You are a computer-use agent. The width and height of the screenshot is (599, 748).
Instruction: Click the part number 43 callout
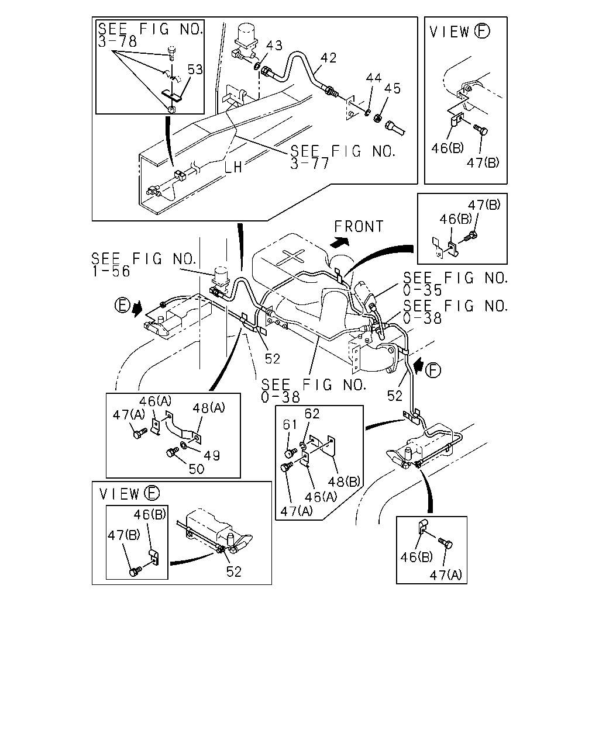274,46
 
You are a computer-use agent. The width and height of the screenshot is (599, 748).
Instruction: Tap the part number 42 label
328,58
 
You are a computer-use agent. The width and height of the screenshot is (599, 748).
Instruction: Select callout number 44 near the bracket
373,78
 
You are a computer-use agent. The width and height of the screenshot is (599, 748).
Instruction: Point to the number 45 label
393,89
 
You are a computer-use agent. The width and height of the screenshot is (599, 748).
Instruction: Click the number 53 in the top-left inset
195,70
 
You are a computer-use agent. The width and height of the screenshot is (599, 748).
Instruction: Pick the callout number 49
212,455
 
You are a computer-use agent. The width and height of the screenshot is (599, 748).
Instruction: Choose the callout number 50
197,469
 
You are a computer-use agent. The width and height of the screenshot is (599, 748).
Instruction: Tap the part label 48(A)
209,408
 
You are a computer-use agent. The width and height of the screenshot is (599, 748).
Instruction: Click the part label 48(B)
344,482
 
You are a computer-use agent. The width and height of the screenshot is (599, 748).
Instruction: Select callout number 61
290,424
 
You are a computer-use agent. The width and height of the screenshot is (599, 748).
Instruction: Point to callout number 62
312,414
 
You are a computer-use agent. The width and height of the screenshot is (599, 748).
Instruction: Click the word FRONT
359,227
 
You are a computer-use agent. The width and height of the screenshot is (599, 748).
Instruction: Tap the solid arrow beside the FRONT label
339,243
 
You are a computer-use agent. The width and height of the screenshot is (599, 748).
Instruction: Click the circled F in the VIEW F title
483,31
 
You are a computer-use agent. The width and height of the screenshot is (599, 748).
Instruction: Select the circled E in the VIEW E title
152,493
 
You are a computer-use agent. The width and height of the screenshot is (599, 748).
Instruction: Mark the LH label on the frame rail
233,168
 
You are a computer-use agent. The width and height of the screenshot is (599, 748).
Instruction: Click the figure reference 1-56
111,271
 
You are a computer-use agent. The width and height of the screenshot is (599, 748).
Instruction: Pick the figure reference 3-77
309,163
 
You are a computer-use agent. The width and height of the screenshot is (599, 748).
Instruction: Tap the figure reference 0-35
422,290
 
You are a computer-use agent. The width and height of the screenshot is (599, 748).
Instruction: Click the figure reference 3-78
118,41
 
